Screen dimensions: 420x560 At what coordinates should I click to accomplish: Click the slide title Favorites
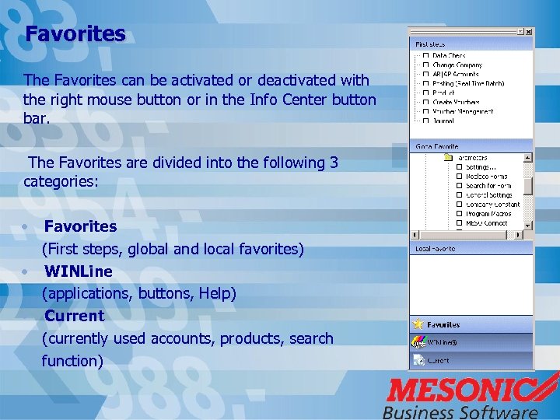tap(75, 34)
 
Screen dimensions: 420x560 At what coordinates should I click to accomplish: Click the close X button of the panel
tap(529, 32)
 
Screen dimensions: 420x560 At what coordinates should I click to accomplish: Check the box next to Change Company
tap(425, 65)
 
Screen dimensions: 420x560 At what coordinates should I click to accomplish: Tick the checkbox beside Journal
tap(425, 121)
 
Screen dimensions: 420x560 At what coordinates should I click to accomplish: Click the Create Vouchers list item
tap(456, 102)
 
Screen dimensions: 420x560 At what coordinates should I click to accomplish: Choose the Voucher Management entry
tap(462, 111)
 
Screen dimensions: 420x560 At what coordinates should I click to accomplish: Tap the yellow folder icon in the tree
tap(447, 157)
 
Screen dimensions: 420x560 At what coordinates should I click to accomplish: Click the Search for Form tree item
tap(488, 186)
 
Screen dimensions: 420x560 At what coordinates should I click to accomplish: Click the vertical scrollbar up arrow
tap(528, 157)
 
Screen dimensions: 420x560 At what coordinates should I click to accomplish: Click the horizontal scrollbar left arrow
tap(415, 234)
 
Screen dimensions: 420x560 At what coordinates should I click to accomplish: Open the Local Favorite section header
tap(436, 249)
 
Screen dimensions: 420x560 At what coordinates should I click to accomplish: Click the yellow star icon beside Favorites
tap(418, 324)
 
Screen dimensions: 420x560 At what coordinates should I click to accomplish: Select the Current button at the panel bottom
tap(438, 361)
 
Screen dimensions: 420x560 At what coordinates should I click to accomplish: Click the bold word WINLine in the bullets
tap(78, 271)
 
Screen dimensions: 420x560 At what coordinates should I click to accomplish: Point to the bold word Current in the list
tap(74, 316)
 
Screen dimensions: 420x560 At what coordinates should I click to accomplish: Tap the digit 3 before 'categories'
tap(334, 163)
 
